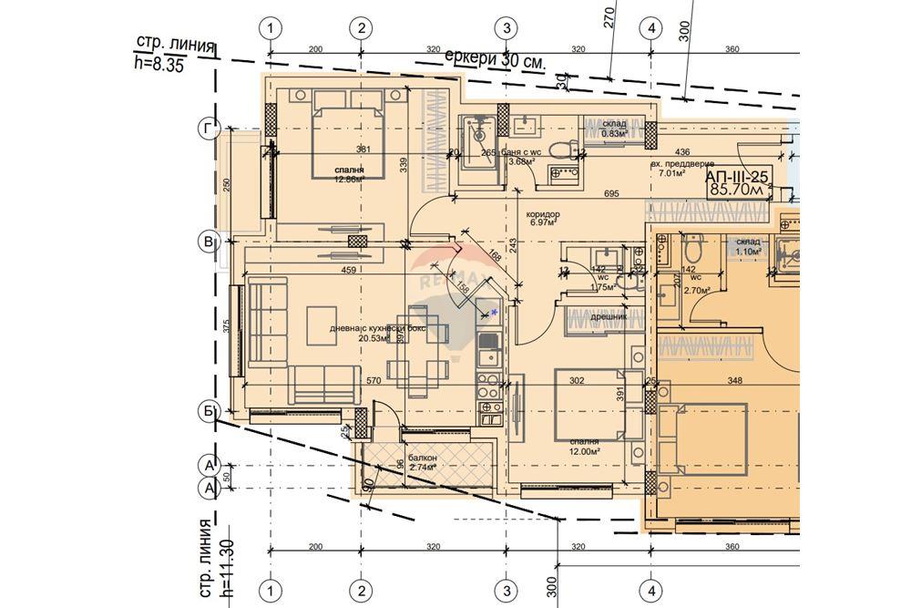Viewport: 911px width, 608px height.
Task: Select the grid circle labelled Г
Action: coord(209,130)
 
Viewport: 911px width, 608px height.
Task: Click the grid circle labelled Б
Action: coord(209,412)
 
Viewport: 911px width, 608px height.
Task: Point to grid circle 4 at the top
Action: coord(650,29)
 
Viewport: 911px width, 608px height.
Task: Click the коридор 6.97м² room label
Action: coord(544,219)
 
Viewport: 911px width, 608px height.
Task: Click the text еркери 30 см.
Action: coord(495,59)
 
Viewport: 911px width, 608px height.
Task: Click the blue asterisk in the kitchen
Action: coord(495,313)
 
